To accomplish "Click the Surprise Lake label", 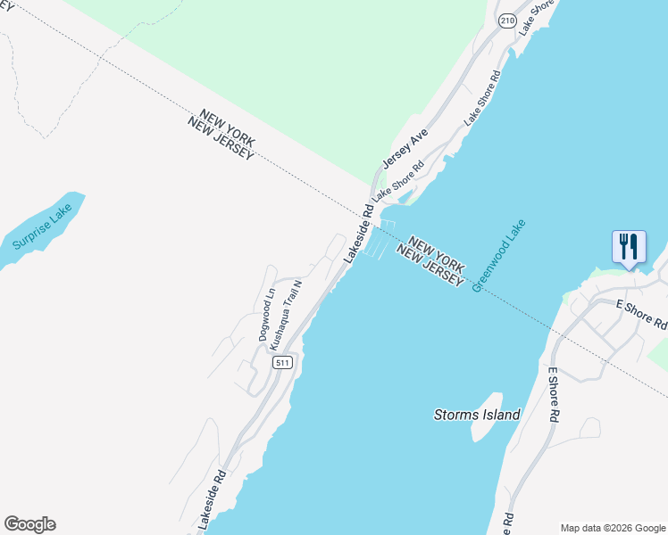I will [x=43, y=228].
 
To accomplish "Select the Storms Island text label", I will [x=477, y=415].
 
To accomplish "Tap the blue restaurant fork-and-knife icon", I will [x=629, y=247].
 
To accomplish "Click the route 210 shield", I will [x=507, y=20].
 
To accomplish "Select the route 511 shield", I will [x=283, y=362].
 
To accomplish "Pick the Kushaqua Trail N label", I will [x=288, y=313].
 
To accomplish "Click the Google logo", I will [x=29, y=524].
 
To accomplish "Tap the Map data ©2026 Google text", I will [x=612, y=527].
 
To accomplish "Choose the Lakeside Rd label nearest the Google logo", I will [x=214, y=499].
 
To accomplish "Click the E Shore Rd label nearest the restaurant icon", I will [x=641, y=314].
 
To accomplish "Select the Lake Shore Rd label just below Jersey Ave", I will [x=397, y=178].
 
